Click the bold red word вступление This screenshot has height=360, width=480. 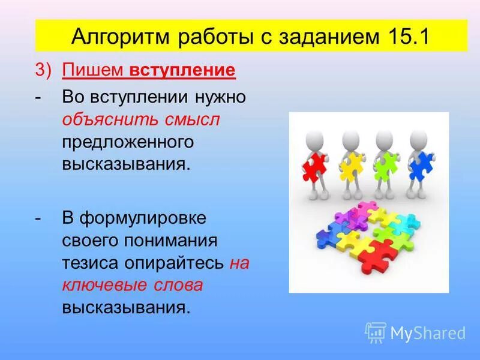coord(182,71)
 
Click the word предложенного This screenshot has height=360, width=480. coord(128,142)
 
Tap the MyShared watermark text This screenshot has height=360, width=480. coord(428,332)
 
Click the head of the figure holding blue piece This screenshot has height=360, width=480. coord(418,139)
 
